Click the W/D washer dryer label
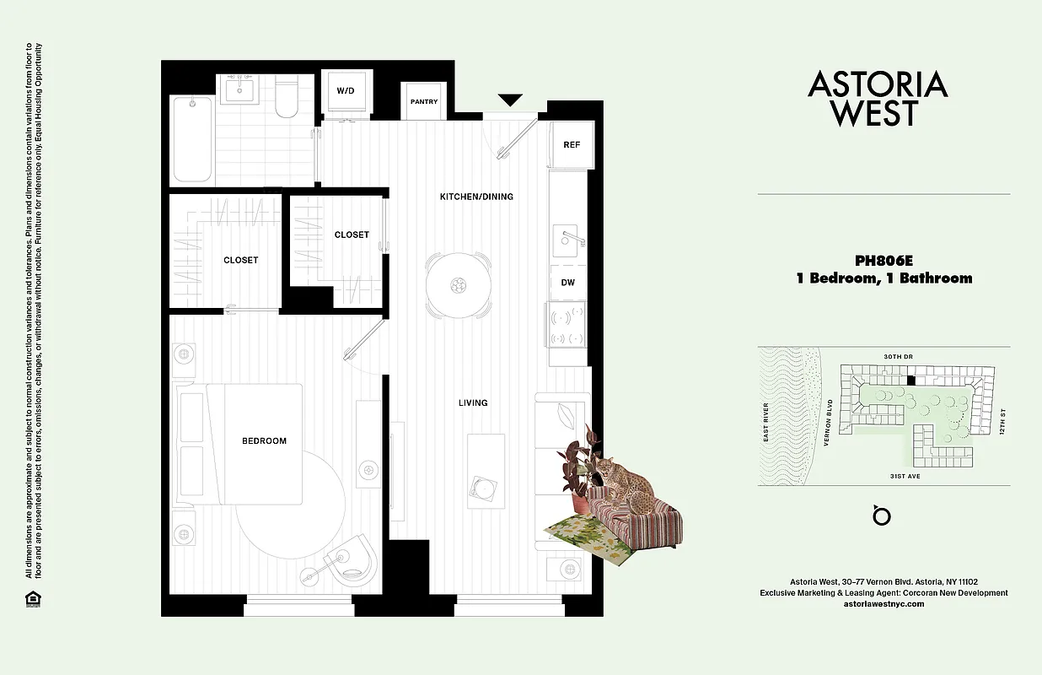pyautogui.click(x=346, y=90)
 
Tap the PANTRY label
pyautogui.click(x=424, y=102)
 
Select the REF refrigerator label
pyautogui.click(x=572, y=144)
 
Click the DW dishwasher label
pyautogui.click(x=568, y=283)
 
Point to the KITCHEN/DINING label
pyautogui.click(x=476, y=197)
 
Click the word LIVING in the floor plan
pyautogui.click(x=473, y=402)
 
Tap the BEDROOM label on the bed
pyautogui.click(x=264, y=440)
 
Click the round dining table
pyautogui.click(x=458, y=284)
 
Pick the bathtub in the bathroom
pyautogui.click(x=193, y=138)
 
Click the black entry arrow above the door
pyautogui.click(x=510, y=100)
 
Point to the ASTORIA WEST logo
pyautogui.click(x=878, y=98)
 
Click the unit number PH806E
pyautogui.click(x=884, y=261)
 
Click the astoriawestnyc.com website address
pyautogui.click(x=884, y=604)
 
